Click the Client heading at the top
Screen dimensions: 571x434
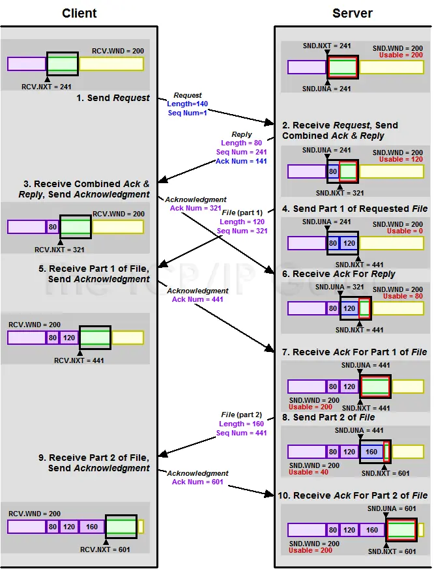pyautogui.click(x=79, y=13)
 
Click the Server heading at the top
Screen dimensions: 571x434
pyautogui.click(x=352, y=13)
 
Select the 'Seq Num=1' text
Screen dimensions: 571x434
pyautogui.click(x=187, y=113)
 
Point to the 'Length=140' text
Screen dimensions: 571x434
pyautogui.click(x=187, y=104)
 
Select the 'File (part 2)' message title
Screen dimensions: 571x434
pyautogui.click(x=241, y=415)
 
